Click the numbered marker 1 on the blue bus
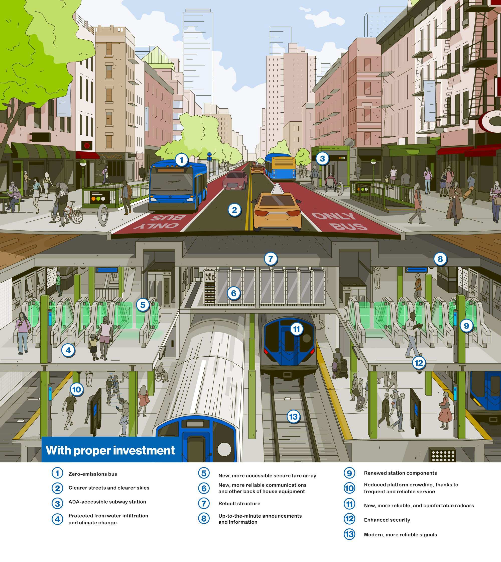[181, 160]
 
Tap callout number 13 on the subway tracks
[293, 417]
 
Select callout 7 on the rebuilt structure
[271, 259]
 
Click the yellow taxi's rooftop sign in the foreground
[277, 189]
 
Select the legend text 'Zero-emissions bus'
[93, 474]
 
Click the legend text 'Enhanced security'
[387, 520]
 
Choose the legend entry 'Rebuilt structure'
[239, 504]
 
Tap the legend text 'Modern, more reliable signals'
[400, 535]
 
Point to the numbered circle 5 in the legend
[204, 473]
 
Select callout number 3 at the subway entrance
[322, 158]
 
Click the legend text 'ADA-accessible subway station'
[107, 502]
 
